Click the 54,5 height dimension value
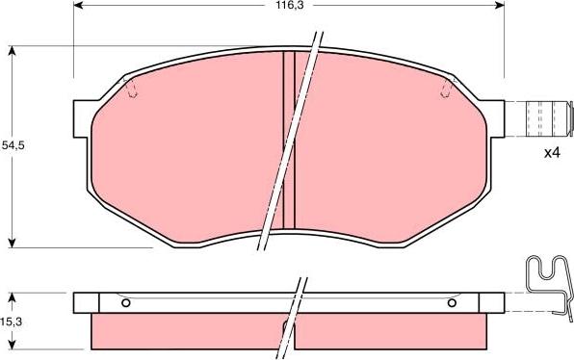[x=12, y=144]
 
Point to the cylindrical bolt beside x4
[x=545, y=118]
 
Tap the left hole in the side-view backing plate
[x=126, y=303]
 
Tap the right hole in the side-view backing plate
[x=452, y=303]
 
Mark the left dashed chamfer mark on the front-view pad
[x=133, y=90]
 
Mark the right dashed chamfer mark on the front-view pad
[x=445, y=90]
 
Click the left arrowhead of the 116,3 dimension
[x=79, y=5]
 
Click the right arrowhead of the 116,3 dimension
[x=500, y=5]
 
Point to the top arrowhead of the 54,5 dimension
[x=12, y=49]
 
